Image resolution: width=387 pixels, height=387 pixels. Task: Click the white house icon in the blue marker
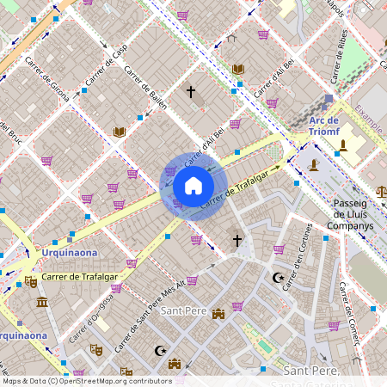[193, 186]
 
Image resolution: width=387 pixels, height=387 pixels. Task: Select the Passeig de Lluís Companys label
[352, 214]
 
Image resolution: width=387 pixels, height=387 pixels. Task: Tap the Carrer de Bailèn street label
[146, 101]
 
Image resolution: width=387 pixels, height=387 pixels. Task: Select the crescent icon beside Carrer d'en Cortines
[277, 279]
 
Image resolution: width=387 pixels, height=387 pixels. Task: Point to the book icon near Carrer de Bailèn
[119, 132]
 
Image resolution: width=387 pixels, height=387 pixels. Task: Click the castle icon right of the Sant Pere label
[218, 314]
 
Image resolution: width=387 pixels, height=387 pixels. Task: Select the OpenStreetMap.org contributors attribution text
[116, 380]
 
